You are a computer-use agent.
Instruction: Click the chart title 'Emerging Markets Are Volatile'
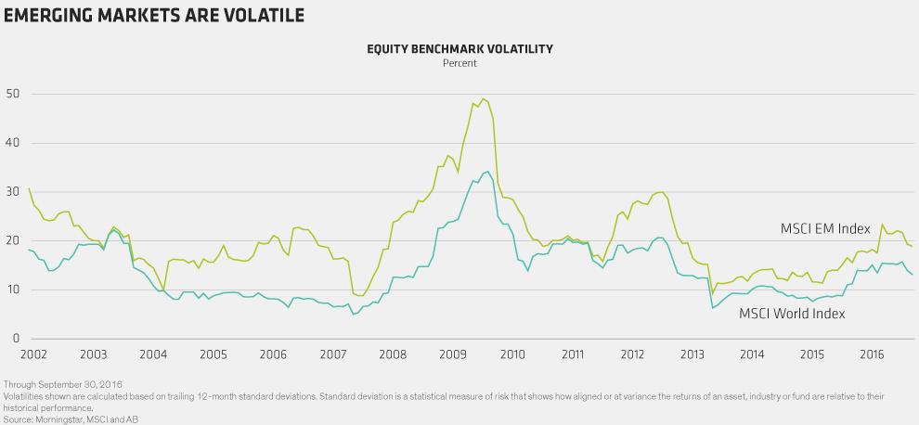(x=153, y=15)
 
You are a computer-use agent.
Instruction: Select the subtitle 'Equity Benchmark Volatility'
(x=459, y=49)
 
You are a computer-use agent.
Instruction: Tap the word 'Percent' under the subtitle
(x=459, y=63)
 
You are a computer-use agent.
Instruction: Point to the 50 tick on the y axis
(x=12, y=94)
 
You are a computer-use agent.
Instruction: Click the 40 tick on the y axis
(x=12, y=143)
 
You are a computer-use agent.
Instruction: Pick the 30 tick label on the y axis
(x=12, y=192)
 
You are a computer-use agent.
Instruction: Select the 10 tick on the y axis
(x=12, y=290)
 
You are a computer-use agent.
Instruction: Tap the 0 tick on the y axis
(x=15, y=339)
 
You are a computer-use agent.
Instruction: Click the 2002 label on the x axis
(x=32, y=354)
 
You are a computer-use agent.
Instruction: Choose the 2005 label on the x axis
(x=213, y=354)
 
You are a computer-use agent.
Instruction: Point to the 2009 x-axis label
(x=452, y=354)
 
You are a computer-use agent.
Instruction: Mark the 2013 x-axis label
(x=692, y=354)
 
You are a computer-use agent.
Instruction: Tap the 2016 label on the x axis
(x=872, y=354)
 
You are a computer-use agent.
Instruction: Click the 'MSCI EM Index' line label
(x=825, y=228)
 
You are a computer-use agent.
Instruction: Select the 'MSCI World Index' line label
(x=792, y=314)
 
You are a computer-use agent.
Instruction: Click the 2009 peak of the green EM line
(x=483, y=98)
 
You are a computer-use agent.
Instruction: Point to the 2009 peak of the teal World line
(x=487, y=172)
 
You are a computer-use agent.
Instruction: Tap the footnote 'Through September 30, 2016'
(x=63, y=385)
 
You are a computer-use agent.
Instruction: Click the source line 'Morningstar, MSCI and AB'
(x=86, y=419)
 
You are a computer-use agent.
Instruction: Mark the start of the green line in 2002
(x=29, y=188)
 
